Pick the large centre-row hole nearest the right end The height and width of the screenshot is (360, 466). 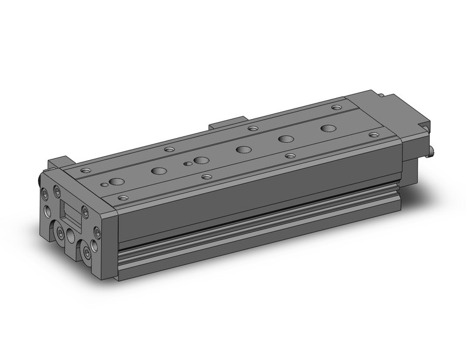[x=329, y=129]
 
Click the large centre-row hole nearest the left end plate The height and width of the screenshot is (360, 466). [x=116, y=182]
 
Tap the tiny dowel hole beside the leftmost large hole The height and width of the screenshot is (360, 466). [x=105, y=184]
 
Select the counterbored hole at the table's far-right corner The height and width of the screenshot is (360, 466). [x=336, y=107]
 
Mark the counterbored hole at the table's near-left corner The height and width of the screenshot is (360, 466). [x=123, y=198]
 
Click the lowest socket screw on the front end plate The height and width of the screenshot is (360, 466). [x=86, y=251]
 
